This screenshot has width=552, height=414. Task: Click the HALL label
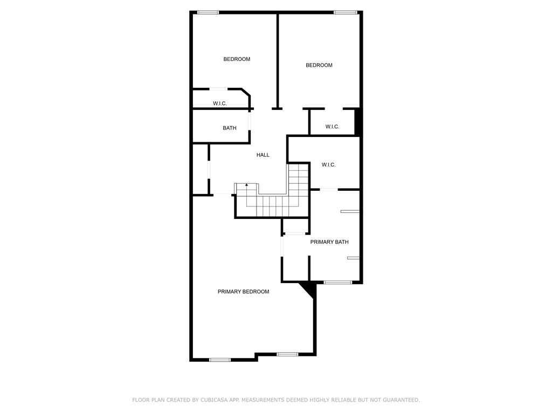263,155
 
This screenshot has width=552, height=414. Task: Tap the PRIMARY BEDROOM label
243,292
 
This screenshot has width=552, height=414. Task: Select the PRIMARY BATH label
329,242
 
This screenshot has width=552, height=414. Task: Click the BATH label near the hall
230,128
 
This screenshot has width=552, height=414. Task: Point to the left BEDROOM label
237,59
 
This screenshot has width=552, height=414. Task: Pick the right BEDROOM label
319,65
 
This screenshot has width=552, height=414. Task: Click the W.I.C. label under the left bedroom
220,103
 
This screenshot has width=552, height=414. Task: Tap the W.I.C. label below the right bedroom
332,127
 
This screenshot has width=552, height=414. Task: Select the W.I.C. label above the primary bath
328,165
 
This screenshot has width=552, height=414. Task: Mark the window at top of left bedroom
208,13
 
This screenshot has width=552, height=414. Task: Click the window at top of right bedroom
346,13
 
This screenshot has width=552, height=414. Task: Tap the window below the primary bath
337,282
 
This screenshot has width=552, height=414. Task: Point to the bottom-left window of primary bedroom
220,360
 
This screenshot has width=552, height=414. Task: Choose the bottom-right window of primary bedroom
287,354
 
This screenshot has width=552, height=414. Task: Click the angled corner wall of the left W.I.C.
246,92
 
